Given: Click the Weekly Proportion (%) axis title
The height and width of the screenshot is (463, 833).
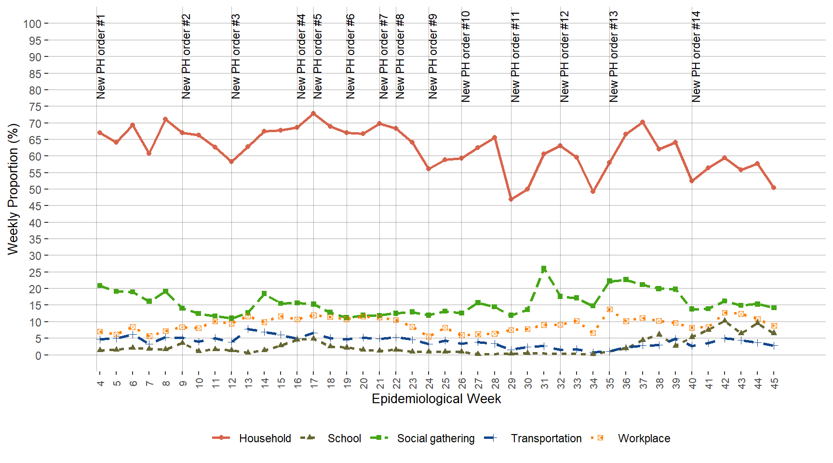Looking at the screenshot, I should [13, 189].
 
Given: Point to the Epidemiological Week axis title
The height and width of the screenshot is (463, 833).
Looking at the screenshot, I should [436, 399].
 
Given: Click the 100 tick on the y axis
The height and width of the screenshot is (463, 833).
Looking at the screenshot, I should [32, 24].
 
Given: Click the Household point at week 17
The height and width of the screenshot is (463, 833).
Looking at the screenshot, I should [313, 114].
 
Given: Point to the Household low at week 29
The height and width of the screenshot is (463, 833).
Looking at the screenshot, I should [511, 199].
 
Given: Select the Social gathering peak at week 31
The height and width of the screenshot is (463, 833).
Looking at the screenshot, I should [544, 269].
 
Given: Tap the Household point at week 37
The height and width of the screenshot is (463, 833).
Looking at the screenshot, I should [643, 123].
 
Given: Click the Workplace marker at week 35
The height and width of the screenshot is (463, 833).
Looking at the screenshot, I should [610, 310].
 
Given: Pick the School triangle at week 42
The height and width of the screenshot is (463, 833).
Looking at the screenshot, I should [725, 321].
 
